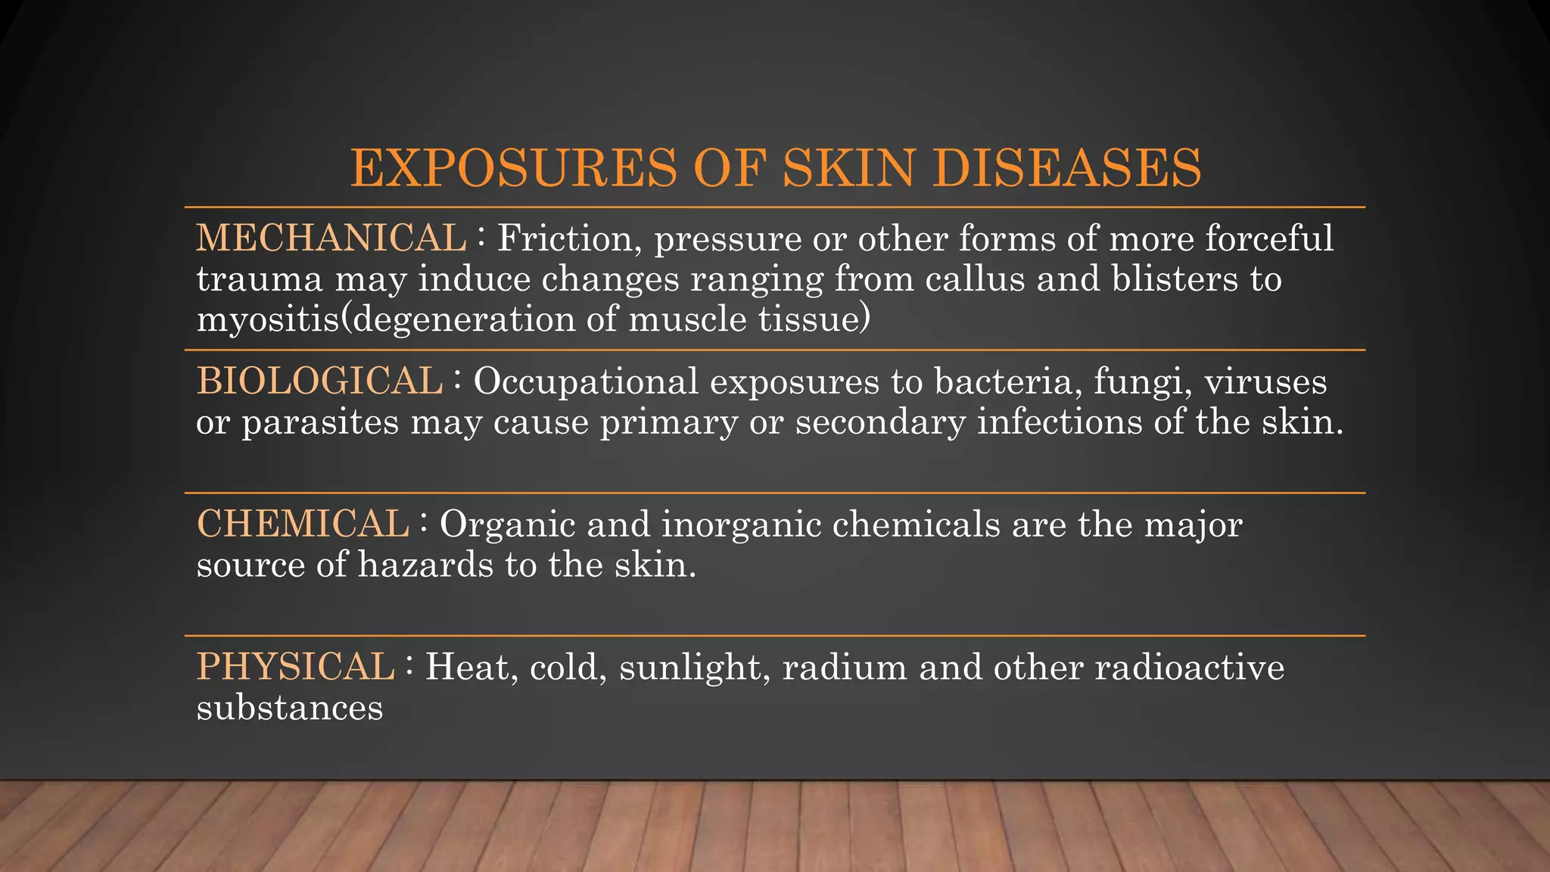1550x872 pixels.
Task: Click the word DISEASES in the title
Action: coord(1066,167)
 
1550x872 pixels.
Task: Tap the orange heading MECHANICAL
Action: coord(331,238)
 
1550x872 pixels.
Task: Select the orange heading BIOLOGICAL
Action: coord(319,381)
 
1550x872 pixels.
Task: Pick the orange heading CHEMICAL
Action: coord(303,524)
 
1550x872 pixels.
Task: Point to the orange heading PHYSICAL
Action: coord(295,667)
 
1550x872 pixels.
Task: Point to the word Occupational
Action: coord(586,381)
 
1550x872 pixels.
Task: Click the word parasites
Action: coord(319,422)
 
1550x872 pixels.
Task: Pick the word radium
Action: coord(845,668)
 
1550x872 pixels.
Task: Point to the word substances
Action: coord(290,708)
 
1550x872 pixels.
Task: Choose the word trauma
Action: coord(260,279)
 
